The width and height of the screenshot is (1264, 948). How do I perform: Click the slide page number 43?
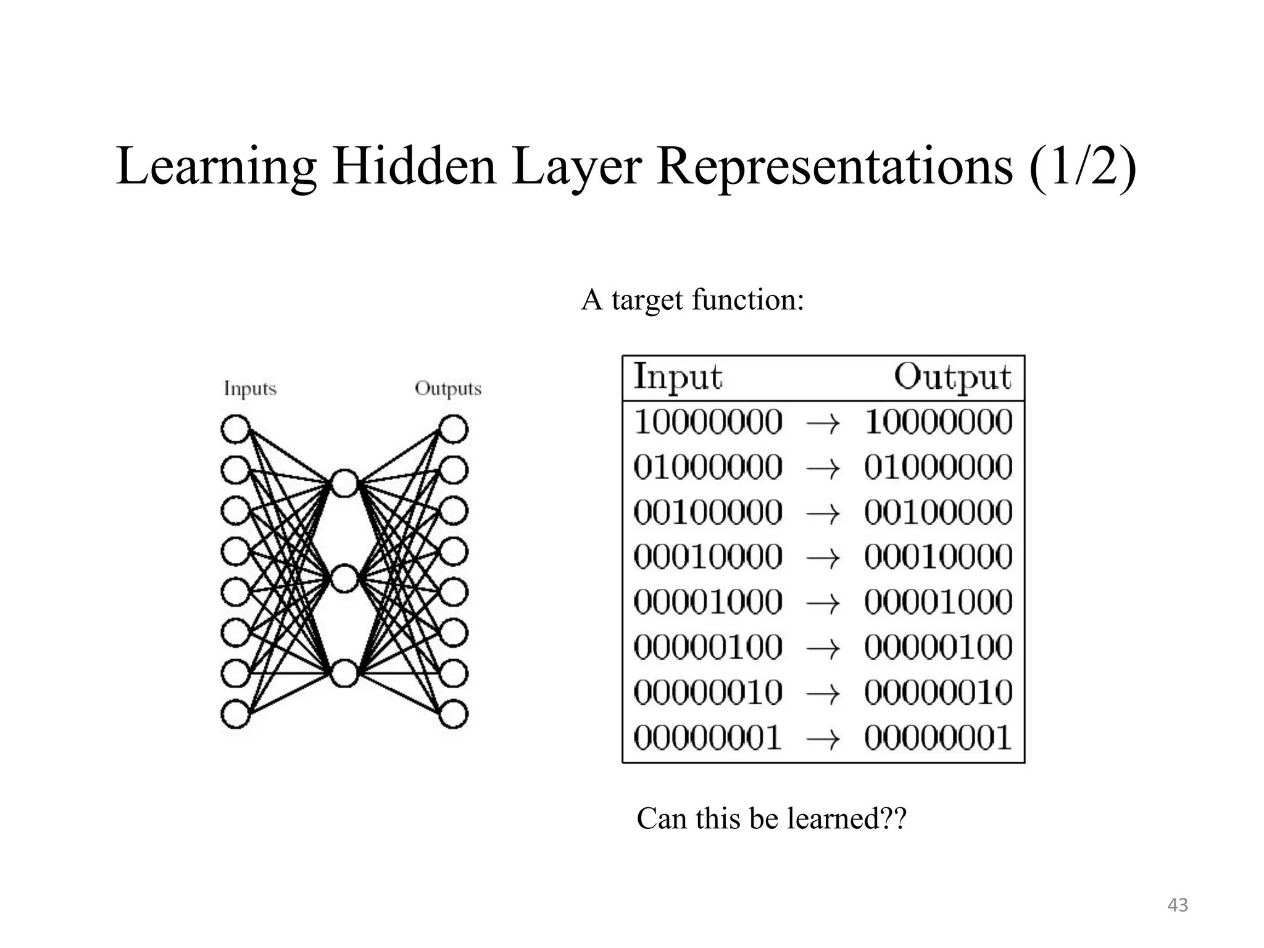tap(1178, 905)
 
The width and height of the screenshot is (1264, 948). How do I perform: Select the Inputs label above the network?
tap(250, 389)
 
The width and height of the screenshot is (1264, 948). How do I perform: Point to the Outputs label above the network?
tap(448, 389)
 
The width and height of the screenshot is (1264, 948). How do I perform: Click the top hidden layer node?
tap(344, 483)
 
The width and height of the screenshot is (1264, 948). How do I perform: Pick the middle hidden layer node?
tap(344, 578)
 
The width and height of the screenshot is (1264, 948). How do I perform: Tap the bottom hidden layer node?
tap(344, 673)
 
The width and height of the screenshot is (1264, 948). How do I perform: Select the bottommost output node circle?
tap(454, 714)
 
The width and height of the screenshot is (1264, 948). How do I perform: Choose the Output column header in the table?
tap(952, 376)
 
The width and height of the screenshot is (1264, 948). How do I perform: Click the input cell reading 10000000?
tap(708, 423)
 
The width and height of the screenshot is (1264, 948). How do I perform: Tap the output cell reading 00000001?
tap(938, 738)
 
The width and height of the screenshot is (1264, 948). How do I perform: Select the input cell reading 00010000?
tap(708, 557)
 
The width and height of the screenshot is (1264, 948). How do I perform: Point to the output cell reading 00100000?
tap(938, 512)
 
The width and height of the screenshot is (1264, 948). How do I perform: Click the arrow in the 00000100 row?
tap(823, 648)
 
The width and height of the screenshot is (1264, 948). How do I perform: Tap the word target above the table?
tap(647, 301)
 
